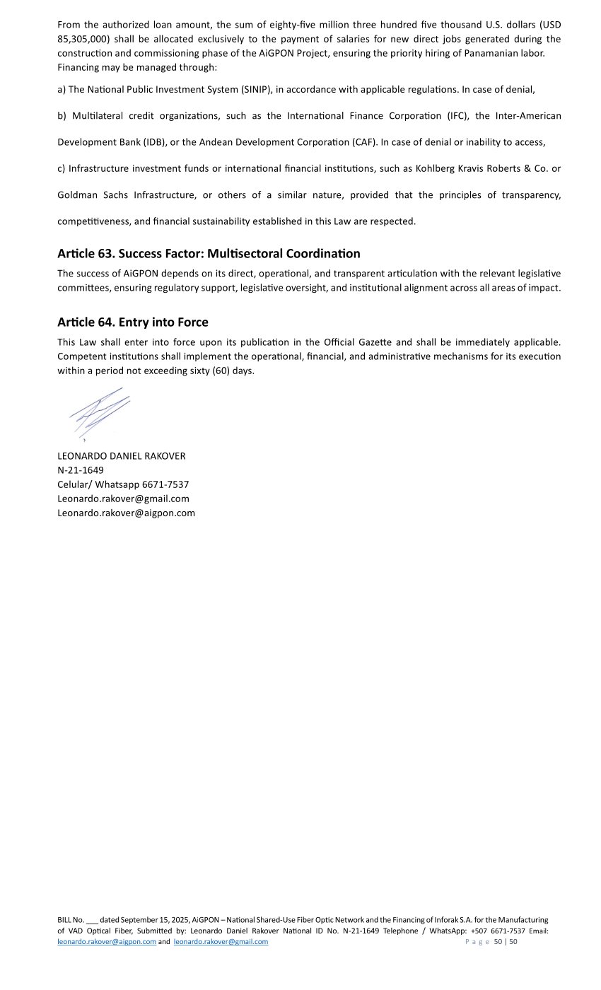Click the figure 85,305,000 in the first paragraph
coord(83,39)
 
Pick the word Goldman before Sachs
coord(76,195)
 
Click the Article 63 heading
coord(209,253)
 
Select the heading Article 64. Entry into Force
coord(133,322)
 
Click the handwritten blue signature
coord(100,414)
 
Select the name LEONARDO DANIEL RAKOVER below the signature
coord(122,456)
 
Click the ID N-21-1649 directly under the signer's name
coord(81,470)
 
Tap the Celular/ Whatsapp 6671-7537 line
coord(123,484)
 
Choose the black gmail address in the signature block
coord(123,499)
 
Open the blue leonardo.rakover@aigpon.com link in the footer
coord(107,942)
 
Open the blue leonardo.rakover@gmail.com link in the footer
coord(221,942)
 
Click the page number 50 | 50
coord(506,942)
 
